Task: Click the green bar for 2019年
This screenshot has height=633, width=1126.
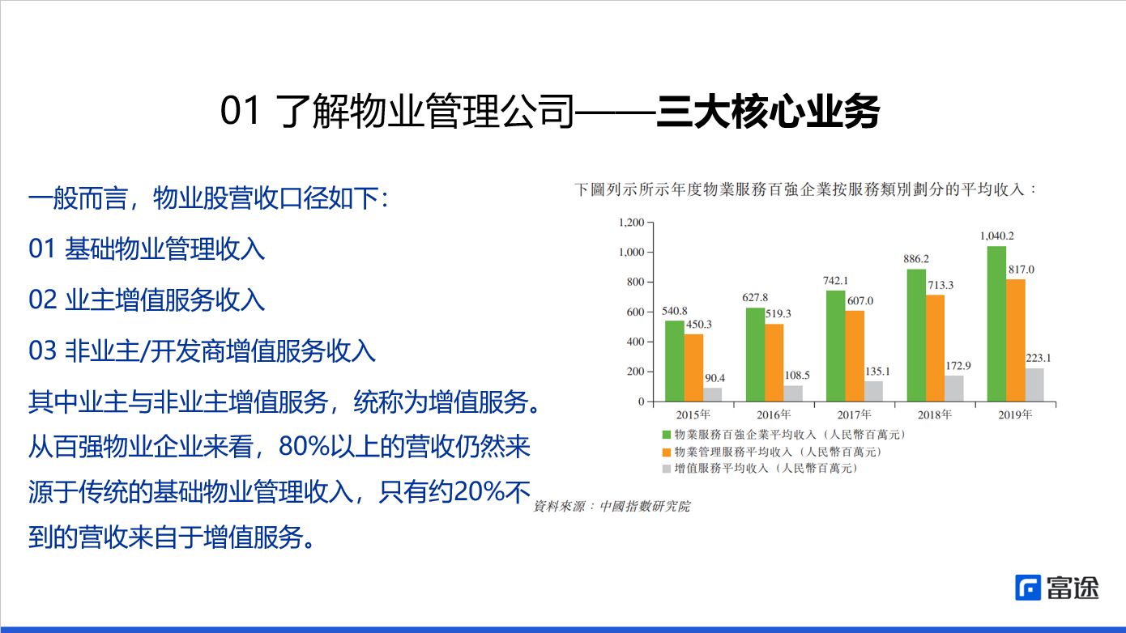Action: click(996, 324)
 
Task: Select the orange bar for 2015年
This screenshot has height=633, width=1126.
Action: click(693, 367)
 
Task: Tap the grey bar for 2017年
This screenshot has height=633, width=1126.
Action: click(873, 391)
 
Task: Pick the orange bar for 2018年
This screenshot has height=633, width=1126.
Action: click(935, 348)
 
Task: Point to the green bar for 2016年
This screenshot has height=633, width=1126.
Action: click(755, 355)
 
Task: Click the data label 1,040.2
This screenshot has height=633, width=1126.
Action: click(996, 236)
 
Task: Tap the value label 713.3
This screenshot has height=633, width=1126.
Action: click(940, 285)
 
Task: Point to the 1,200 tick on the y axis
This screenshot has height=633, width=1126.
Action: click(630, 223)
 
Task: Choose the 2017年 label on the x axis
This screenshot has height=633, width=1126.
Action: click(855, 414)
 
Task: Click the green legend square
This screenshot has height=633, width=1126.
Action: click(667, 435)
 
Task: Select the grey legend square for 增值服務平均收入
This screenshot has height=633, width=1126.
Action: click(667, 468)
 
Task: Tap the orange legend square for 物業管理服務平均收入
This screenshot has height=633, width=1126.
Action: click(667, 452)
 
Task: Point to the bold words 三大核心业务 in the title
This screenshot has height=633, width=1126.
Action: click(767, 113)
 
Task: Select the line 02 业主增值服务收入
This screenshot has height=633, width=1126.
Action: click(147, 300)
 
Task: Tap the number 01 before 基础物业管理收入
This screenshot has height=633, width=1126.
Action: click(41, 249)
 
